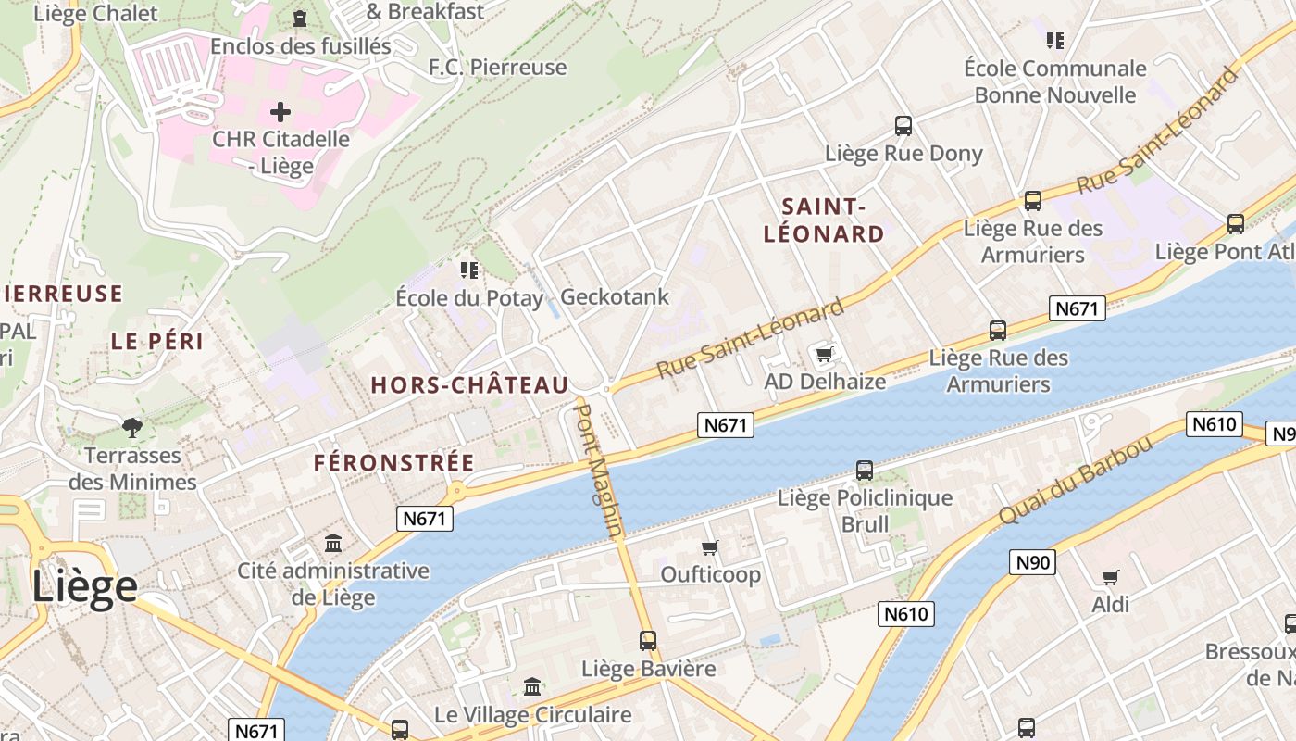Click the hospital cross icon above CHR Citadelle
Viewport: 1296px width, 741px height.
coord(280,113)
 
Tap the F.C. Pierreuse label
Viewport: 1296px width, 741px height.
coord(497,68)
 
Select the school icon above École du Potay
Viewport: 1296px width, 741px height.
coord(469,270)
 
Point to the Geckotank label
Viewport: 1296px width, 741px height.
coord(615,297)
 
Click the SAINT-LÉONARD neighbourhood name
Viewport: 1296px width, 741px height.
coord(824,220)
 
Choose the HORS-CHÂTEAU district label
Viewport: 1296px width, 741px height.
coord(469,385)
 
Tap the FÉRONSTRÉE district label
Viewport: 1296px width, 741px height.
coord(393,462)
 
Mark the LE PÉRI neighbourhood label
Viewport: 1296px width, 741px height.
coord(157,341)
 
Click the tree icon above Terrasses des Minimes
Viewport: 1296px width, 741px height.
coord(132,428)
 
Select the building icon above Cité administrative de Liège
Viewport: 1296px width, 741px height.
coord(333,544)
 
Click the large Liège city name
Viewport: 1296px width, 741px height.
coord(85,587)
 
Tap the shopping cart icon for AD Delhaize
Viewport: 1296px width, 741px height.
coord(825,354)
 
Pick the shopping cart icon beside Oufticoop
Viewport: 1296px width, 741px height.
coord(710,548)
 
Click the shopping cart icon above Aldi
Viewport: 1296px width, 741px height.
coord(1110,578)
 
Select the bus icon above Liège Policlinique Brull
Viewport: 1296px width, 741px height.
coord(865,471)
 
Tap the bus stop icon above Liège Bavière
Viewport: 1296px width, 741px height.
coord(648,641)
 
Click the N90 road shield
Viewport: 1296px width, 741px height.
coord(1033,562)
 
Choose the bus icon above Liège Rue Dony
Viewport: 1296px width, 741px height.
coord(903,126)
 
